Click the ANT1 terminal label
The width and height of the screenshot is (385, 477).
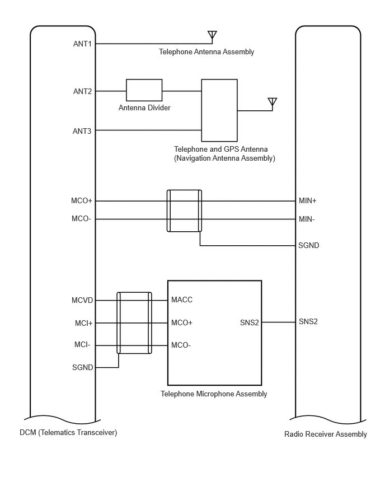[82, 43]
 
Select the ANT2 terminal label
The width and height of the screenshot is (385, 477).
[82, 91]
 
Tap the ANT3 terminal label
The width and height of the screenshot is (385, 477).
[82, 131]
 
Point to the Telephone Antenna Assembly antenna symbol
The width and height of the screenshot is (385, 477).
[212, 35]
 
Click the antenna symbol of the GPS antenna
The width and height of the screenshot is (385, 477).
[272, 102]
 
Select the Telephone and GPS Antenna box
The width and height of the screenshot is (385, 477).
[219, 110]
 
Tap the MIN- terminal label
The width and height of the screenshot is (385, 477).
[307, 219]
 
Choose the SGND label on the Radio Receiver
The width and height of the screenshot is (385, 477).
[309, 245]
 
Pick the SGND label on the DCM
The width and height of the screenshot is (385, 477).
[82, 367]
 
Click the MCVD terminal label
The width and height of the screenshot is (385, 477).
[82, 301]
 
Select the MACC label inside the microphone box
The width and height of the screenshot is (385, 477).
[182, 300]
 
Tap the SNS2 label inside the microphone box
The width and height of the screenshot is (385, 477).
[249, 322]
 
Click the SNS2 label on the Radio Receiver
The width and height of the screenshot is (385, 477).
[308, 321]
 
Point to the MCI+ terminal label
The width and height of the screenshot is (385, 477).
[83, 323]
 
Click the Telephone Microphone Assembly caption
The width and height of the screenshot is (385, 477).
[214, 394]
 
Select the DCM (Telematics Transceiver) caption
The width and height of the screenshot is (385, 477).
[68, 432]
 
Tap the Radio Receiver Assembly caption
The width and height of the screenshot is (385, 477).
[326, 434]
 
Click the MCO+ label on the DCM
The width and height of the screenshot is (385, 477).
[82, 200]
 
